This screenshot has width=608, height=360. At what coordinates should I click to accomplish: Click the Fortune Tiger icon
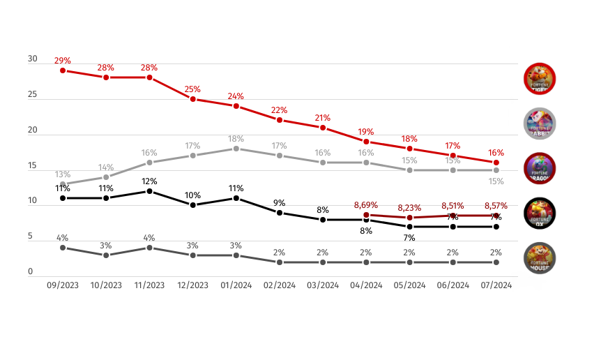click(539, 78)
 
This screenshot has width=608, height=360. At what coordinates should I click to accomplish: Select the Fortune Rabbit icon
click(539, 123)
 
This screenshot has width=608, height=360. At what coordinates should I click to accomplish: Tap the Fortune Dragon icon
click(539, 167)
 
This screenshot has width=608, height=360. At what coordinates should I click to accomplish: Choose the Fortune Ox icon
click(539, 213)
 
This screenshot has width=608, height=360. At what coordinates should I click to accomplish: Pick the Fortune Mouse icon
click(539, 257)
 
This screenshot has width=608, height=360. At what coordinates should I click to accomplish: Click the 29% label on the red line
click(63, 61)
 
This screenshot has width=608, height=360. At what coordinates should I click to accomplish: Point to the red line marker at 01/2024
click(236, 106)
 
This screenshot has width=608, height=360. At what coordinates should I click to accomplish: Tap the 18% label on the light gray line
click(236, 139)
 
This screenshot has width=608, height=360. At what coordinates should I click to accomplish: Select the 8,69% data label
click(366, 205)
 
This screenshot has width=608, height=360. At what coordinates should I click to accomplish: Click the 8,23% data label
click(409, 208)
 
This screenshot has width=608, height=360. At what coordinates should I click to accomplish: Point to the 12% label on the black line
click(149, 181)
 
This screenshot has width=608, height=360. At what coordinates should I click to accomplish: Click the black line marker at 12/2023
click(193, 205)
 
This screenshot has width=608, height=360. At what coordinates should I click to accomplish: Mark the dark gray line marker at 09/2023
click(63, 248)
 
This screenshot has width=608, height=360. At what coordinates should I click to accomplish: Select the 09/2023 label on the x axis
click(63, 285)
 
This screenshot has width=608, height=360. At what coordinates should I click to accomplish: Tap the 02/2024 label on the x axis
click(280, 285)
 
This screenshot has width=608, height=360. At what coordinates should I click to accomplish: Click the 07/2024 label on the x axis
click(496, 285)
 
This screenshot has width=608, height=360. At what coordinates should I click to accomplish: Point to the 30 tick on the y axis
click(33, 59)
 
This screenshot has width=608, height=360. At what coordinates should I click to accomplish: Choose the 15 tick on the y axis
click(33, 166)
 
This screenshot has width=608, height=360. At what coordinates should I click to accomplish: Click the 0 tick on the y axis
click(31, 272)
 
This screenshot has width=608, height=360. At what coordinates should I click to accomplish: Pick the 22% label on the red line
click(280, 110)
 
